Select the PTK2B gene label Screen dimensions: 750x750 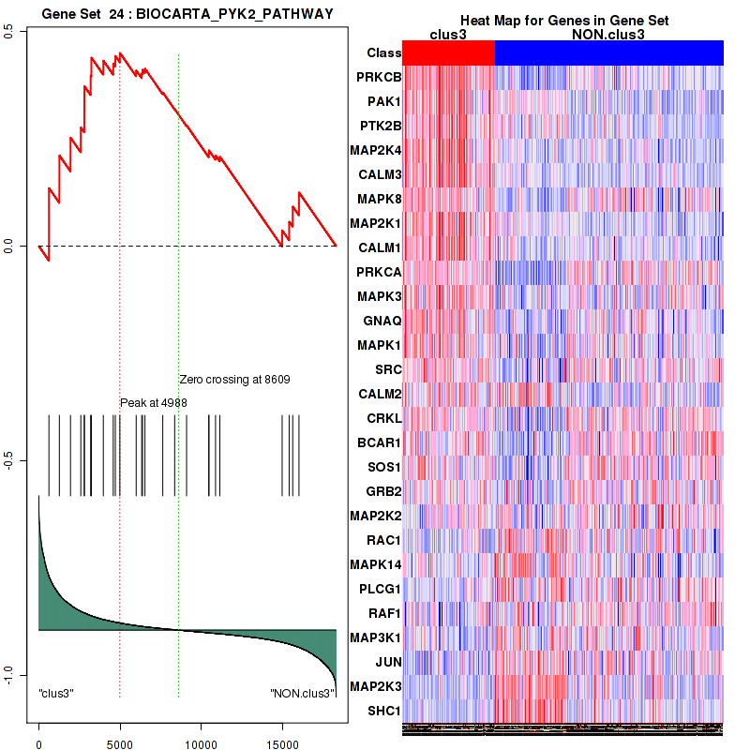[379, 126]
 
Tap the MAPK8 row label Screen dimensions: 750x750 [379, 199]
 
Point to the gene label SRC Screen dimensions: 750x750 [387, 369]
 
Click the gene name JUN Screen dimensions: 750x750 [388, 662]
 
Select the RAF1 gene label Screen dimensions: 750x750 [383, 613]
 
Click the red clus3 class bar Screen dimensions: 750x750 [448, 53]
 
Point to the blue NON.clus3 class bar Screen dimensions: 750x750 [608, 53]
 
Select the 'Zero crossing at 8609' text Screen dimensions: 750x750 [234, 380]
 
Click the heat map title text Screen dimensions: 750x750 [563, 21]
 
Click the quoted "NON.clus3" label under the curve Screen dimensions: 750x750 [302, 694]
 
